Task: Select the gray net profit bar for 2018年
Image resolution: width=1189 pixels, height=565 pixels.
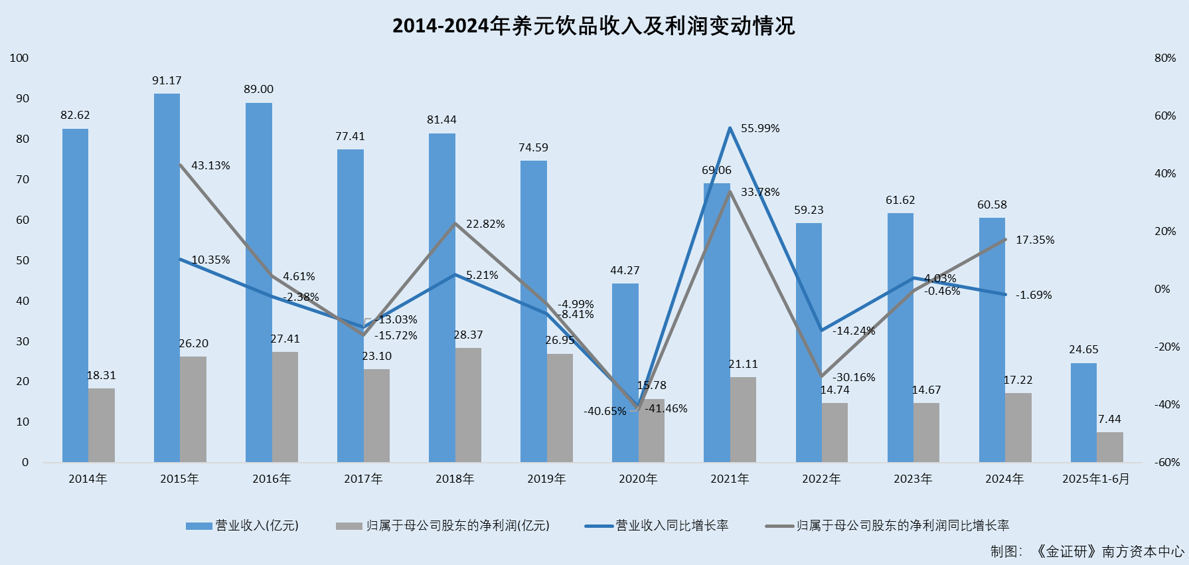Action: click(x=468, y=405)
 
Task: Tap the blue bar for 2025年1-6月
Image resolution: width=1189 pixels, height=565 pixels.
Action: click(x=1083, y=412)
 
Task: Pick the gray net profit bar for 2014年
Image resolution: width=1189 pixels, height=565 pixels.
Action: click(x=102, y=425)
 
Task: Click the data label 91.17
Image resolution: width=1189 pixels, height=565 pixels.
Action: click(x=167, y=81)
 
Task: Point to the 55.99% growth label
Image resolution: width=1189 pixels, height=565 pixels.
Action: click(x=760, y=129)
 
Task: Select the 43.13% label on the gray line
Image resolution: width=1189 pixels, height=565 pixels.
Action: click(x=210, y=166)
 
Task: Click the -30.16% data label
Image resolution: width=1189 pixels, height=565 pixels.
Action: click(x=854, y=378)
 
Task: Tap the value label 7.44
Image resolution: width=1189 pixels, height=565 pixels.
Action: click(x=1109, y=420)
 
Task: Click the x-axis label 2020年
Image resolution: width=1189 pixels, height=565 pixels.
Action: click(x=638, y=479)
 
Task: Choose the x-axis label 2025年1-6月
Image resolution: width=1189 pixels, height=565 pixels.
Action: click(x=1095, y=479)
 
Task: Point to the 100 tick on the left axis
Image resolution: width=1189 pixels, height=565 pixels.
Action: click(x=19, y=58)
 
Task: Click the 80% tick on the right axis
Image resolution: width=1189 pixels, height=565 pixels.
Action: click(x=1165, y=58)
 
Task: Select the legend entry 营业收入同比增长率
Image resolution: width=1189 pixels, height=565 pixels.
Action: click(x=672, y=526)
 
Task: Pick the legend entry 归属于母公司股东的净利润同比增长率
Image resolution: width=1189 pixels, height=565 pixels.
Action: click(x=902, y=526)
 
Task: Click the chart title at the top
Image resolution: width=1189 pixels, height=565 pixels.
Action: click(x=594, y=26)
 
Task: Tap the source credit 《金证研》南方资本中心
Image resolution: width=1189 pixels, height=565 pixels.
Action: click(x=1109, y=552)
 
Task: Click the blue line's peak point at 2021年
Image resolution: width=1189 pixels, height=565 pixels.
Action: click(x=730, y=127)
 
